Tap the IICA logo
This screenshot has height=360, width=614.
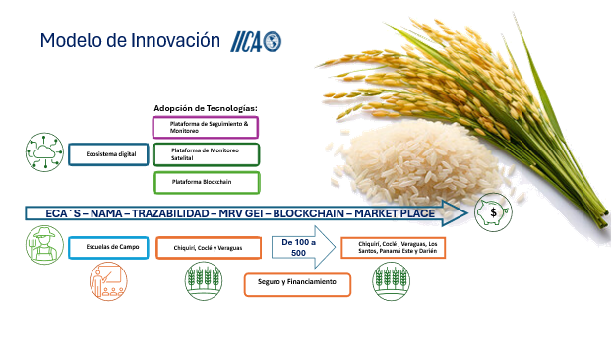tap(256, 41)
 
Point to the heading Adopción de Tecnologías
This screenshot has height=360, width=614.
tap(205, 107)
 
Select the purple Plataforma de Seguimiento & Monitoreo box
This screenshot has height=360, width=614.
tap(206, 126)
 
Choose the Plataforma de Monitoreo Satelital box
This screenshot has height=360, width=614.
tap(206, 154)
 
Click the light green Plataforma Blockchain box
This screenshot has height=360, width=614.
tap(206, 182)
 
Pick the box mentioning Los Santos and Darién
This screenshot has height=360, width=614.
tap(393, 247)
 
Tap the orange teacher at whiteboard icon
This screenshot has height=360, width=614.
tap(108, 284)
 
